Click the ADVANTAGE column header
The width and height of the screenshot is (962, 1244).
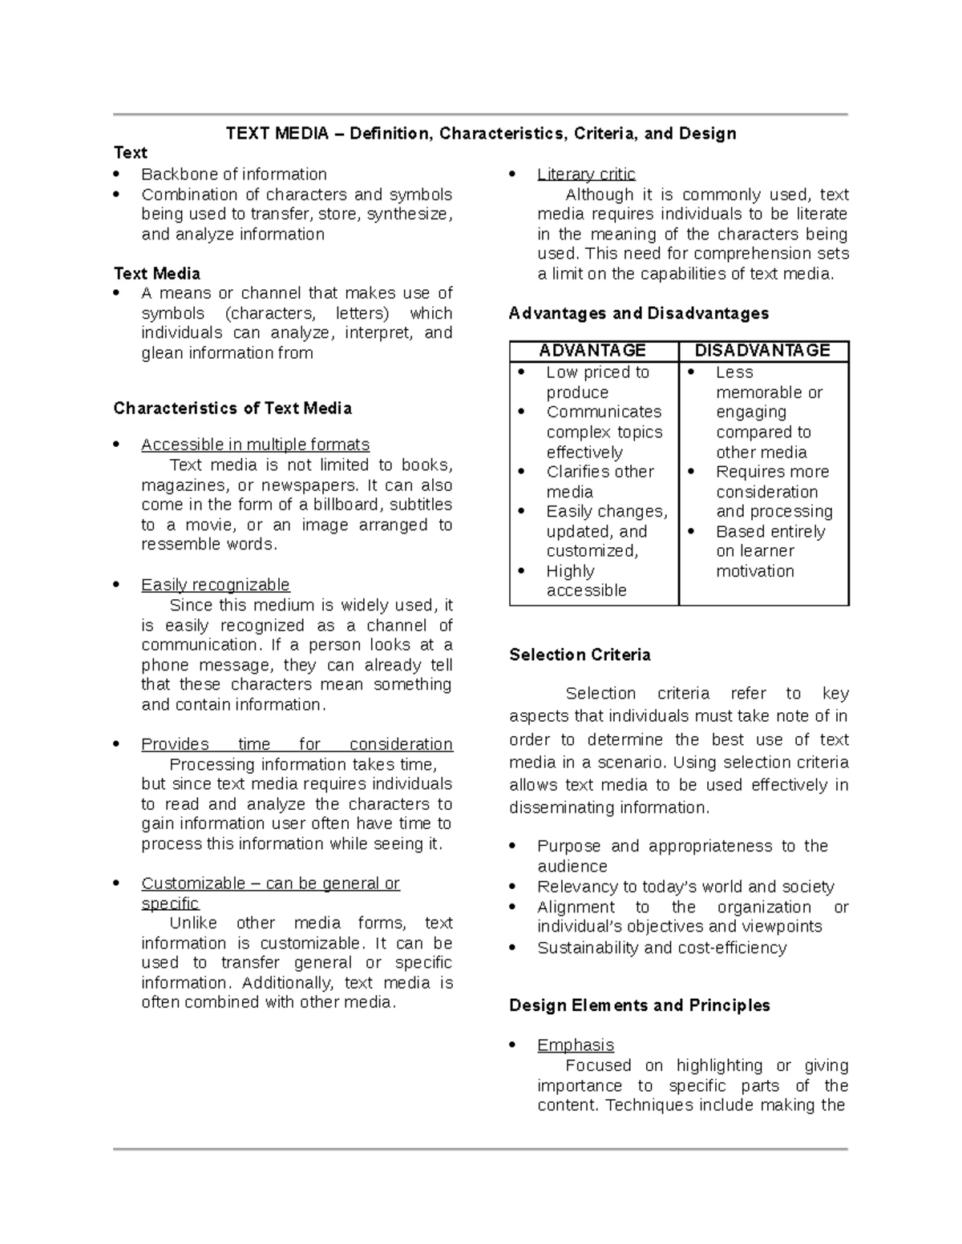592,351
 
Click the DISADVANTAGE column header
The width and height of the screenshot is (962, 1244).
762,351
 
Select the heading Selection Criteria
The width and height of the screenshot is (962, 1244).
580,655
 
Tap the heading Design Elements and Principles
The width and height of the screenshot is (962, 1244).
639,1005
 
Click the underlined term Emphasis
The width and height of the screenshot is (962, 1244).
576,1045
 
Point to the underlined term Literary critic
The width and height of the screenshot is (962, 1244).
586,175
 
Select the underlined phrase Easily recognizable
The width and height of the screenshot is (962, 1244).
215,585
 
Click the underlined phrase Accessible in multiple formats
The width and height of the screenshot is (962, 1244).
255,445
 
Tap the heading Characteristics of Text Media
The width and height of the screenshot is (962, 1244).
232,409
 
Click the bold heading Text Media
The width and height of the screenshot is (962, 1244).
157,274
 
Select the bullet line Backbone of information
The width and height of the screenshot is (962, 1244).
234,175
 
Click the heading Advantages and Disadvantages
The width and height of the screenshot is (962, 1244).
639,314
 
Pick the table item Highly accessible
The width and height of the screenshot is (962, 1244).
585,581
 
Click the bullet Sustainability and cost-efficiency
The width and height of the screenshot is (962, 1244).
661,948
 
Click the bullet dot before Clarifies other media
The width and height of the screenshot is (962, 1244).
522,472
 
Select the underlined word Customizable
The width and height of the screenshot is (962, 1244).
193,884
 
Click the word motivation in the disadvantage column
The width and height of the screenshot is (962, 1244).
754,571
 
